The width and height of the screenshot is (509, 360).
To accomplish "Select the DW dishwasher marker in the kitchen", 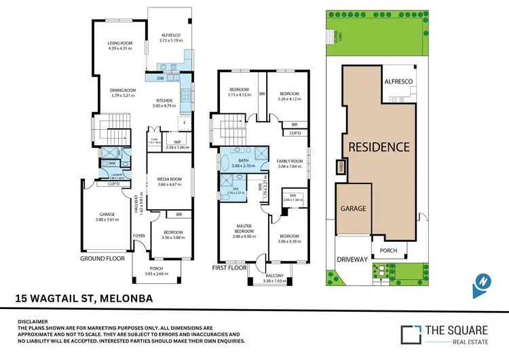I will [160, 79].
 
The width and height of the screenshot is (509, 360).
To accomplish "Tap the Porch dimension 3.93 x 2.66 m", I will [157, 274].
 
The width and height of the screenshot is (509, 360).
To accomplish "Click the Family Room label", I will [288, 161].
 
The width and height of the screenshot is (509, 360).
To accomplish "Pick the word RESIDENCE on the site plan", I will [379, 147].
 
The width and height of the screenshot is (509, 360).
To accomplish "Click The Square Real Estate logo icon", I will [409, 334].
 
